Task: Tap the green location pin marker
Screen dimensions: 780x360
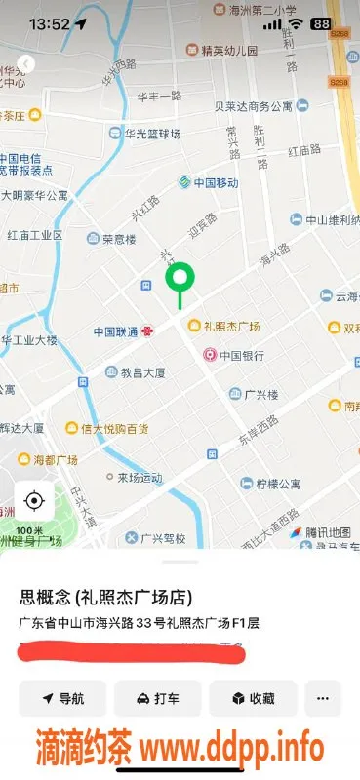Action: tap(180, 280)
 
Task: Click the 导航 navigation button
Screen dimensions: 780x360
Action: tap(62, 698)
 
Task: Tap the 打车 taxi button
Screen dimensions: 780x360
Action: tap(157, 698)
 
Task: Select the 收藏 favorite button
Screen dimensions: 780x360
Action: tap(252, 698)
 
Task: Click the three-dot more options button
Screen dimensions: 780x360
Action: tap(323, 698)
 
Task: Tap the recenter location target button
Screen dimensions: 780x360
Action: tap(34, 501)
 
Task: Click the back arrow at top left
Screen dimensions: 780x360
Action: tap(26, 64)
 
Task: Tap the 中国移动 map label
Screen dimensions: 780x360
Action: tap(207, 182)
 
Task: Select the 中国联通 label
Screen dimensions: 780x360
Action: tap(116, 331)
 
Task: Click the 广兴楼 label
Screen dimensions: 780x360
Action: tap(260, 394)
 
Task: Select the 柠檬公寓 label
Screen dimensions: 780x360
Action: tap(277, 484)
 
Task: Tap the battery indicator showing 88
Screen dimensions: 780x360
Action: tap(319, 23)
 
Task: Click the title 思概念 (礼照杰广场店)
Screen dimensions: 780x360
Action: tap(105, 598)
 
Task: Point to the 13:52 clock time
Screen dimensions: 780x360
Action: tap(49, 23)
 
